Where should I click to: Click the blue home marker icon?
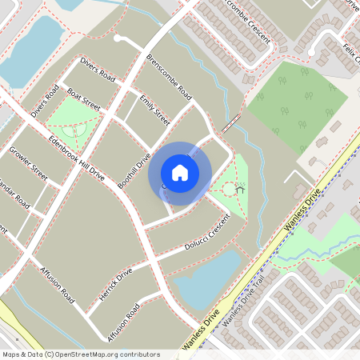pyautogui.click(x=180, y=172)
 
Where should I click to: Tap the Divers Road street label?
pyautogui.click(x=98, y=70)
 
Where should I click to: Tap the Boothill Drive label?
pyautogui.click(x=134, y=171)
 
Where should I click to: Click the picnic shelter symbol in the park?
pyautogui.click(x=240, y=190)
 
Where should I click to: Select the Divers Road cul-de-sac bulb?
pyautogui.click(x=118, y=38)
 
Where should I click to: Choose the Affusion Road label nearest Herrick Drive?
pyautogui.click(x=121, y=318)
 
